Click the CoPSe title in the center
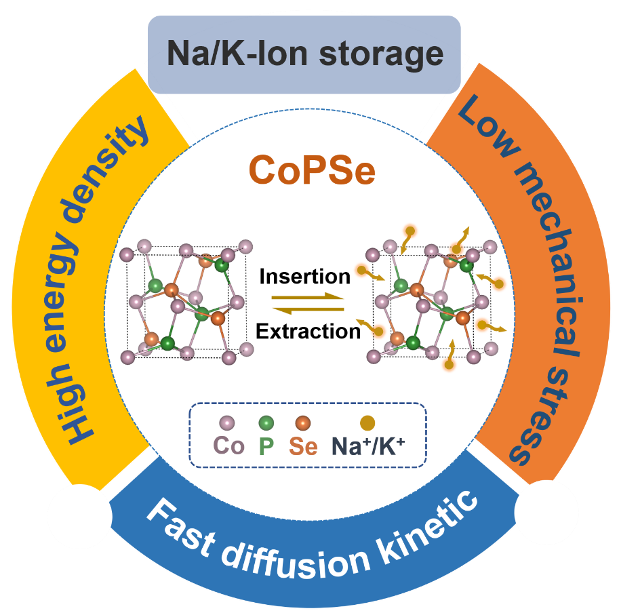[x=311, y=170]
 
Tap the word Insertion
[x=305, y=277]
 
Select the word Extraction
[x=308, y=331]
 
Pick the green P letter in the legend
[x=266, y=446]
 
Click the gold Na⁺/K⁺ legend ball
[x=368, y=423]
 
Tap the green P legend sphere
[x=266, y=423]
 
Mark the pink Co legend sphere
[x=227, y=423]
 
